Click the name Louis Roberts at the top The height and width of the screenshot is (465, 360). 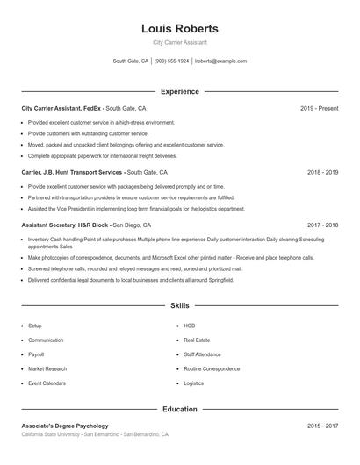click(x=180, y=29)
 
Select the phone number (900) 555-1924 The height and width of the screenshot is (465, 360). click(x=171, y=61)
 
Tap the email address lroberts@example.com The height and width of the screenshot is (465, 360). click(x=220, y=61)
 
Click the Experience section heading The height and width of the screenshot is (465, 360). click(x=180, y=91)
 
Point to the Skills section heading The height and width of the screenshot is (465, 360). click(x=180, y=305)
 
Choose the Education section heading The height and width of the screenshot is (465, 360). click(x=180, y=409)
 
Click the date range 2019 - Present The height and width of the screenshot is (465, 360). click(x=319, y=108)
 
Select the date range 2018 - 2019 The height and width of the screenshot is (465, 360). click(x=322, y=173)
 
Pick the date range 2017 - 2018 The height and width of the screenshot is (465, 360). click(x=322, y=225)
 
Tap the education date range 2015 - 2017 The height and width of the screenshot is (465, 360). click(x=322, y=426)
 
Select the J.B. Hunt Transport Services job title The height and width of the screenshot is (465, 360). click(x=94, y=173)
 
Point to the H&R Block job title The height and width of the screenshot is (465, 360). click(x=89, y=225)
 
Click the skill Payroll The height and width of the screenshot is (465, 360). click(x=36, y=354)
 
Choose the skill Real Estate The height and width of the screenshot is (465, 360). click(x=196, y=340)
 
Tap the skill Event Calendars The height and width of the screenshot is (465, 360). click(x=47, y=383)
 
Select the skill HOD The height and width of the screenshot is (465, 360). click(x=189, y=325)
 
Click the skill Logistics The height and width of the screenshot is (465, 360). click(x=193, y=383)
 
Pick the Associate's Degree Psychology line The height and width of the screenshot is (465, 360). click(x=65, y=426)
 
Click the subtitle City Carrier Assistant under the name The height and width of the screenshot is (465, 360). click(x=180, y=42)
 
